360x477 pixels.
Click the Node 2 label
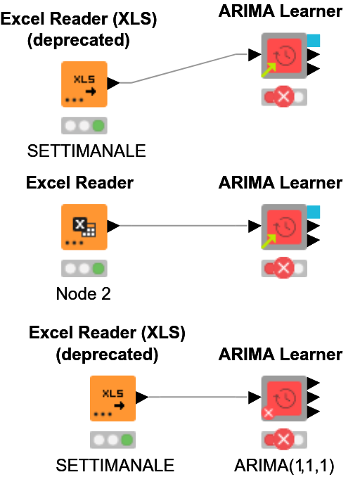[84, 293]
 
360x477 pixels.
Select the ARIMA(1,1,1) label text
[284, 465]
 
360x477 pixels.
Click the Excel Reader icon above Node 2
[84, 227]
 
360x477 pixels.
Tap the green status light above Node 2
[98, 269]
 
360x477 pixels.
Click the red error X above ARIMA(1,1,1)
[284, 440]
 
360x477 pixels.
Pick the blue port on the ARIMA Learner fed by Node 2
[314, 211]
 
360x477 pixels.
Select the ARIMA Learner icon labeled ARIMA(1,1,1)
[284, 397]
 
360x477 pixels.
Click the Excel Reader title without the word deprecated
[79, 183]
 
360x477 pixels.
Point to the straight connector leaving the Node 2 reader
[183, 226]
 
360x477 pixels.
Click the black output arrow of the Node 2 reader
[112, 226]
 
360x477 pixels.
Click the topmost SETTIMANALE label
[86, 151]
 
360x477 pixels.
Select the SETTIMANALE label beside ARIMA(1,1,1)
[115, 465]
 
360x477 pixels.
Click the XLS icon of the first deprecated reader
[84, 83]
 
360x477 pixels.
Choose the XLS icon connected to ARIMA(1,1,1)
[112, 397]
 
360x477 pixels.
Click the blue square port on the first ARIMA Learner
[314, 40]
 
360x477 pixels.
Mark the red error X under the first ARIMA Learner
[284, 97]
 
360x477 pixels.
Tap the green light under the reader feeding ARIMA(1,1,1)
[127, 440]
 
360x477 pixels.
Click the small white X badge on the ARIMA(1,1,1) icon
[268, 413]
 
